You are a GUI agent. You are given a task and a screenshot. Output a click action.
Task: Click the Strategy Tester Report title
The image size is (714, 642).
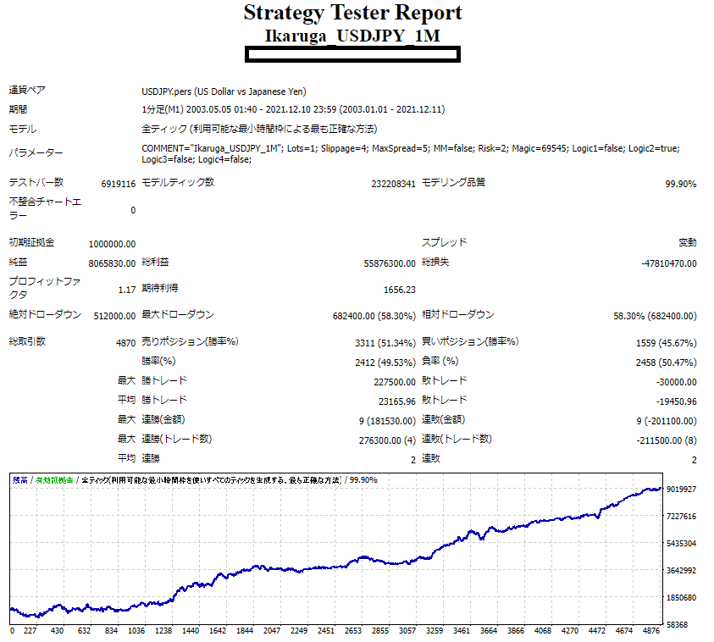click(352, 14)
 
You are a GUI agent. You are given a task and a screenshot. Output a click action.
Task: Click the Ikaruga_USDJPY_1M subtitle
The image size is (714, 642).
click(352, 36)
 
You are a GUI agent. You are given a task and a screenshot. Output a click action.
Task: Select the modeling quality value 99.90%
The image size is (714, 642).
click(680, 184)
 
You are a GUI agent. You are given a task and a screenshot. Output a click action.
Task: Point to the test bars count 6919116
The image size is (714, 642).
click(118, 184)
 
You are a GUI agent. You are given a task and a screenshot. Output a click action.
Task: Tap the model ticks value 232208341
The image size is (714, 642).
click(393, 184)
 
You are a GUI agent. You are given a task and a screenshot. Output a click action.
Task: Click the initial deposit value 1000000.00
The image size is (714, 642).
click(112, 244)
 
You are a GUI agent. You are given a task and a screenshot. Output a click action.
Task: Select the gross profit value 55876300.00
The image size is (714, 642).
click(390, 263)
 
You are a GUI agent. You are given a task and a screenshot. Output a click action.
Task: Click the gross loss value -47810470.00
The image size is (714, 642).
click(669, 263)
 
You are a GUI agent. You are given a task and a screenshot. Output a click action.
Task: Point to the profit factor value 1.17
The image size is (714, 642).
click(127, 290)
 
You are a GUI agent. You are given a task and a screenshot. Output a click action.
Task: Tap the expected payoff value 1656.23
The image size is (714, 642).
click(399, 290)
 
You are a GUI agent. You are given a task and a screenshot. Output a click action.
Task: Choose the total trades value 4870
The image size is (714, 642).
click(125, 342)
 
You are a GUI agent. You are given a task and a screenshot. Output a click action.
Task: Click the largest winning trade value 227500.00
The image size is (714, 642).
click(394, 382)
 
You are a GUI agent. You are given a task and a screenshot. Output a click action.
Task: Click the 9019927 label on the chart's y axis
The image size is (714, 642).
click(682, 489)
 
